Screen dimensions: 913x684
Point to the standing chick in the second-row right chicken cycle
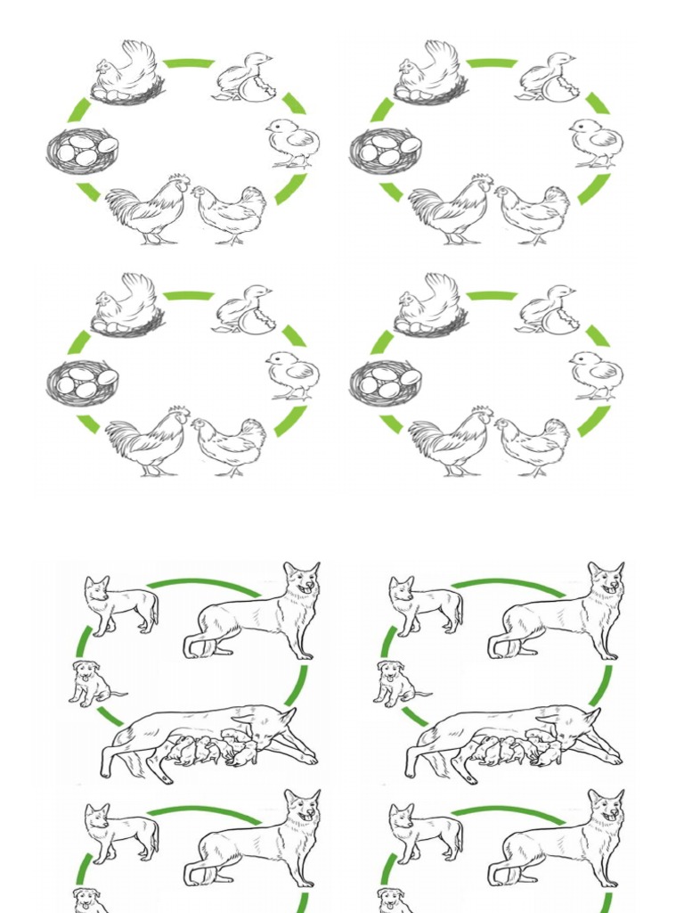point(597,375)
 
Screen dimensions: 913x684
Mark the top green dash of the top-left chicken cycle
point(188,63)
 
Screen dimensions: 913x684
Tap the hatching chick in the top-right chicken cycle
point(548,78)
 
